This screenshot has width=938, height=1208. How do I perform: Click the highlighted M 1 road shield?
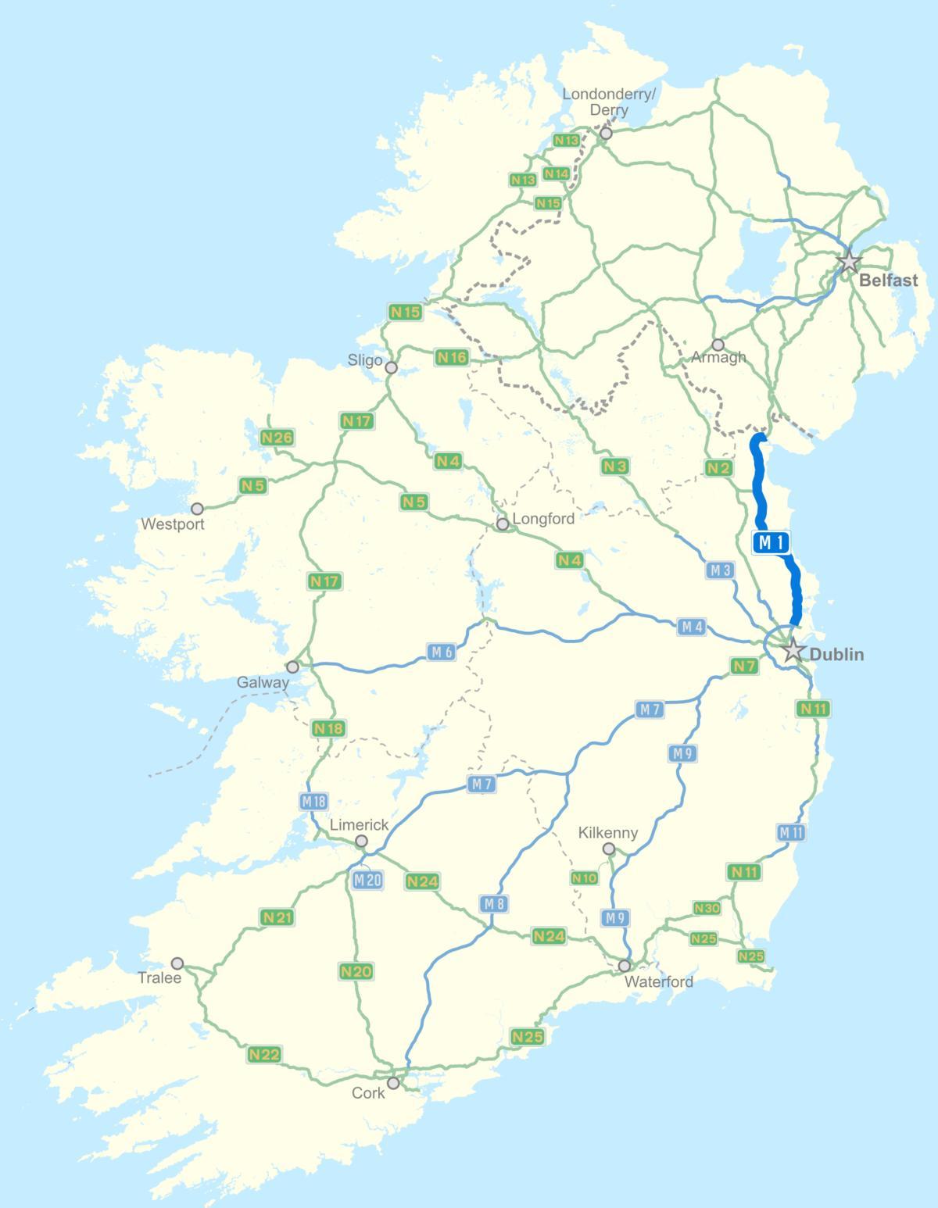772,542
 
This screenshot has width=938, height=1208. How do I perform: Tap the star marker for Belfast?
849,261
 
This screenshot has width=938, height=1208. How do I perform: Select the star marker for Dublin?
793,649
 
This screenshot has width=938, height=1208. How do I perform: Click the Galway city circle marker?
292,667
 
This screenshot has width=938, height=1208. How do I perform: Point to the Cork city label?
368,1092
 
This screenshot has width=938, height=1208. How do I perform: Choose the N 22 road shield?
264,1054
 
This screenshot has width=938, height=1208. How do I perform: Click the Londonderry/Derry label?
609,102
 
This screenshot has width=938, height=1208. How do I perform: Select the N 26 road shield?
277,438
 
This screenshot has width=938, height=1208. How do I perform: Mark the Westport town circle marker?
197,509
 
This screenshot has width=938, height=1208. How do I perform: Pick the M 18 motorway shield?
313,801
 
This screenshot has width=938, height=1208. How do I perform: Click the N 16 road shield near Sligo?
452,357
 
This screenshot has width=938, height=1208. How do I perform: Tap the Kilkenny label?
607,833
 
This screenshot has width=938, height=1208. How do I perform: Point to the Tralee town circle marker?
177,963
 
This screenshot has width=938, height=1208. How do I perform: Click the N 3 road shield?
615,466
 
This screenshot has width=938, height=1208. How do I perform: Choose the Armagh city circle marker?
718,345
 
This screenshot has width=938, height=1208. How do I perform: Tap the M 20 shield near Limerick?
367,879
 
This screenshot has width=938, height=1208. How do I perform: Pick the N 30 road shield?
707,908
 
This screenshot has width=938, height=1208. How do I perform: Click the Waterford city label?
660,981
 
